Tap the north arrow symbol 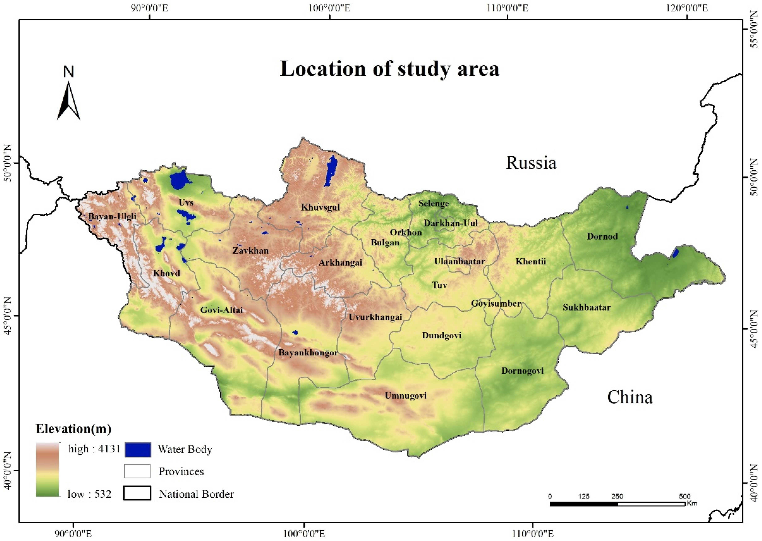pyautogui.click(x=69, y=100)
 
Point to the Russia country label pyautogui.click(x=531, y=163)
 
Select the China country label pyautogui.click(x=629, y=397)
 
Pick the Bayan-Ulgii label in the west pyautogui.click(x=112, y=216)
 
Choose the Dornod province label pyautogui.click(x=602, y=237)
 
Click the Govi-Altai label pyautogui.click(x=221, y=310)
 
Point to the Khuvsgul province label pyautogui.click(x=320, y=207)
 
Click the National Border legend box pyautogui.click(x=137, y=493)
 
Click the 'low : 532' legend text pyautogui.click(x=89, y=494)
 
